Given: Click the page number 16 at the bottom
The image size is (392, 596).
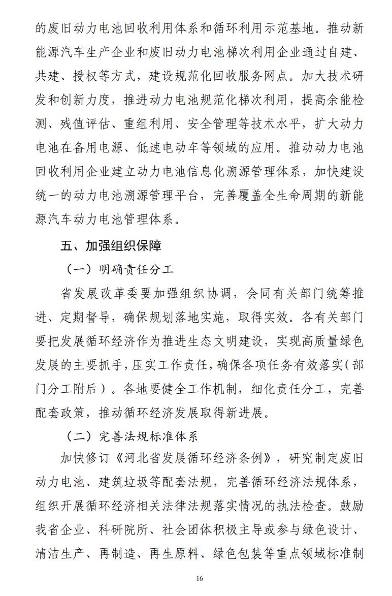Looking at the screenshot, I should tap(199, 578).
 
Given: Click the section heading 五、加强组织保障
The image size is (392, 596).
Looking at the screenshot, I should tap(111, 246).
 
